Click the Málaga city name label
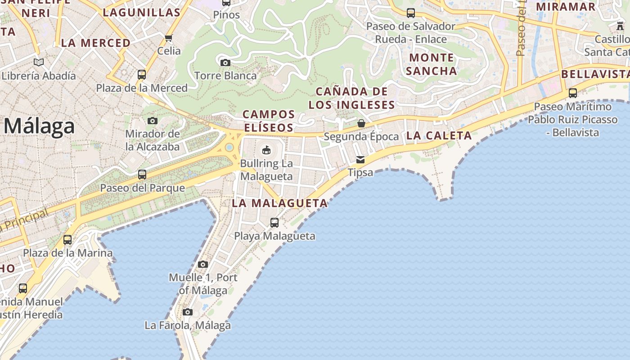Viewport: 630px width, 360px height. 39,126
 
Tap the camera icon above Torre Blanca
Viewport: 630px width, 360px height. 225,63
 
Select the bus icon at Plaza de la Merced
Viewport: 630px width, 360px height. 142,75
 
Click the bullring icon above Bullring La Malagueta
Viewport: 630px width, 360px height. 266,150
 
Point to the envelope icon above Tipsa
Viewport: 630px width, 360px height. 360,160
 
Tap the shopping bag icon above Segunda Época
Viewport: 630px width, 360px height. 361,123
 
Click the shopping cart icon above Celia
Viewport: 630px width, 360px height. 169,38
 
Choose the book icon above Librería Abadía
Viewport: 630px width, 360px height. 39,62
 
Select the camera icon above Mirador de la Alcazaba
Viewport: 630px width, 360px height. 153,121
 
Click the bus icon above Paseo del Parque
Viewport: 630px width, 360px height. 142,175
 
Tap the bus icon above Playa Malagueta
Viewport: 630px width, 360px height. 274,223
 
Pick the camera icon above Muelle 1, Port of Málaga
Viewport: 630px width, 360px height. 203,264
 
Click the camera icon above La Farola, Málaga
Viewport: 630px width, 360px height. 188,312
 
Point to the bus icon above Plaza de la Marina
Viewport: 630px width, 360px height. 67,240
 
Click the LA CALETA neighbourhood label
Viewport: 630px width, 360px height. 439,135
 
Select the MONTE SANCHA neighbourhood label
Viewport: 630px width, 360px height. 432,64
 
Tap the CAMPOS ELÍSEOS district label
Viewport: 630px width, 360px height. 269,121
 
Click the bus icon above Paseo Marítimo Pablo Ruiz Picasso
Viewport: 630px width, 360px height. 573,94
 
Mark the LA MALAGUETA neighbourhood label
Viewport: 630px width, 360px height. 280,203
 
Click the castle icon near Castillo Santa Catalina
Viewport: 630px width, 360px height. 621,26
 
